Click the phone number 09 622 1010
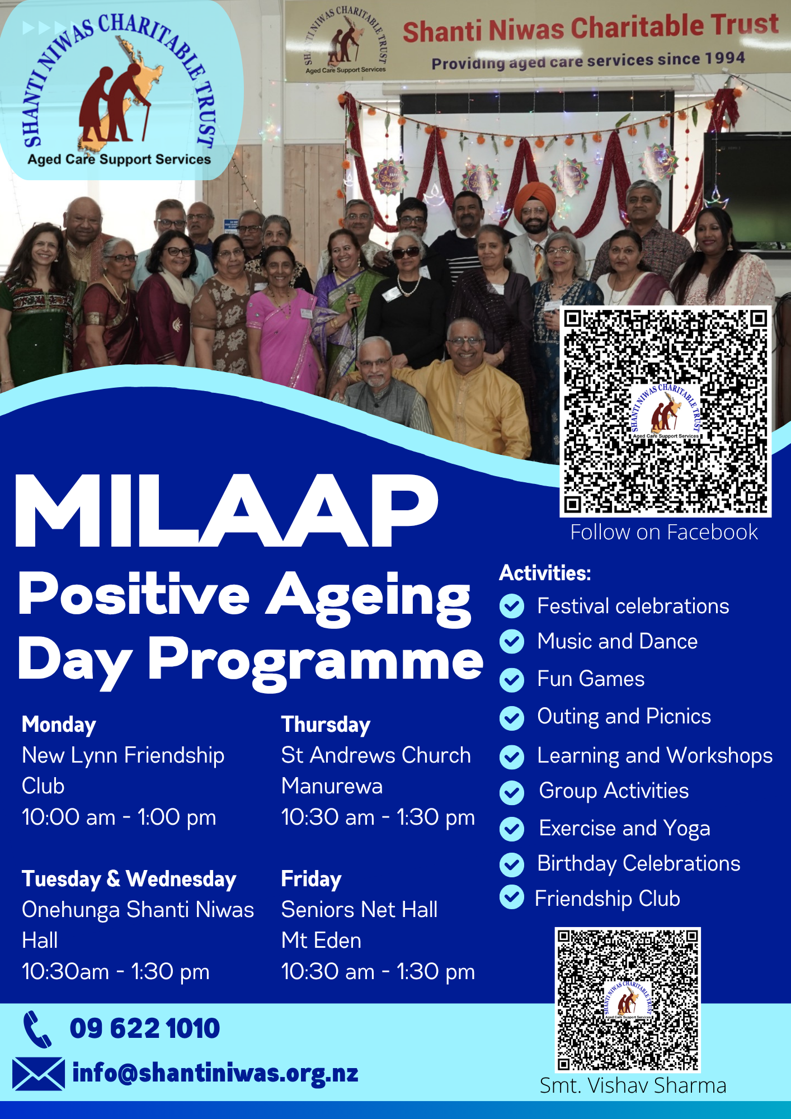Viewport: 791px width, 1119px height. pyautogui.click(x=144, y=1028)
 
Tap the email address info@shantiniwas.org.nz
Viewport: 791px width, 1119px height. pyautogui.click(x=215, y=1073)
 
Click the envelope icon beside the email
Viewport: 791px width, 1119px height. pyautogui.click(x=38, y=1074)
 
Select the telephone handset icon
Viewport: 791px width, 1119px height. pyautogui.click(x=37, y=1029)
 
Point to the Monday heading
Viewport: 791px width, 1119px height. pyautogui.click(x=59, y=725)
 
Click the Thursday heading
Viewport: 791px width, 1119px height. pyautogui.click(x=326, y=725)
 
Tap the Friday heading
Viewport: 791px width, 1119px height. pyautogui.click(x=311, y=879)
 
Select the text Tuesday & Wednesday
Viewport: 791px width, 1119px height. pyautogui.click(x=129, y=879)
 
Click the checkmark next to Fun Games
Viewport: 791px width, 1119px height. pyautogui.click(x=512, y=680)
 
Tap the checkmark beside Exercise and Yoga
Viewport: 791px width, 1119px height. pyautogui.click(x=512, y=829)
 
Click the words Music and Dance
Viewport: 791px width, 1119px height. pyautogui.click(x=617, y=641)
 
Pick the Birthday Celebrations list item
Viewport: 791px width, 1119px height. pyautogui.click(x=638, y=863)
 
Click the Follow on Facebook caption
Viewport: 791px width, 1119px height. pyautogui.click(x=664, y=532)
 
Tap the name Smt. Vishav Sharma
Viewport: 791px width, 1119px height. pyautogui.click(x=633, y=1085)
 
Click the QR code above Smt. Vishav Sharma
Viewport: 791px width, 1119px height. pyautogui.click(x=628, y=999)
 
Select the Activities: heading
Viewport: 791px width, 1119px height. pyautogui.click(x=545, y=573)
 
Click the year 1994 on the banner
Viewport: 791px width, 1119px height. pyautogui.click(x=724, y=58)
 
